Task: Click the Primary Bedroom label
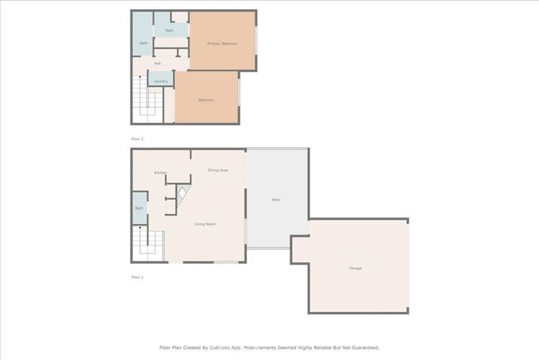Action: [x=222, y=43]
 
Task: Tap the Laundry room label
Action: [x=161, y=81]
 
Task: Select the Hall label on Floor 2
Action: [x=157, y=63]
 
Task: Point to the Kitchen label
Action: [x=160, y=173]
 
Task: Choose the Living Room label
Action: [x=205, y=225]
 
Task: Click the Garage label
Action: [x=355, y=268]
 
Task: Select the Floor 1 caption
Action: [x=138, y=276]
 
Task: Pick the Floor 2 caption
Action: [x=138, y=139]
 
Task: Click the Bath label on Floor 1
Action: [x=138, y=208]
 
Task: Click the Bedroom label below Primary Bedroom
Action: [x=206, y=100]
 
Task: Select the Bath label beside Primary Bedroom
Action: [x=169, y=31]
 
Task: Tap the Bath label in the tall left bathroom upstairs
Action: [x=143, y=43]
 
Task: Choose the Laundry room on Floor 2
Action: [x=159, y=79]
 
